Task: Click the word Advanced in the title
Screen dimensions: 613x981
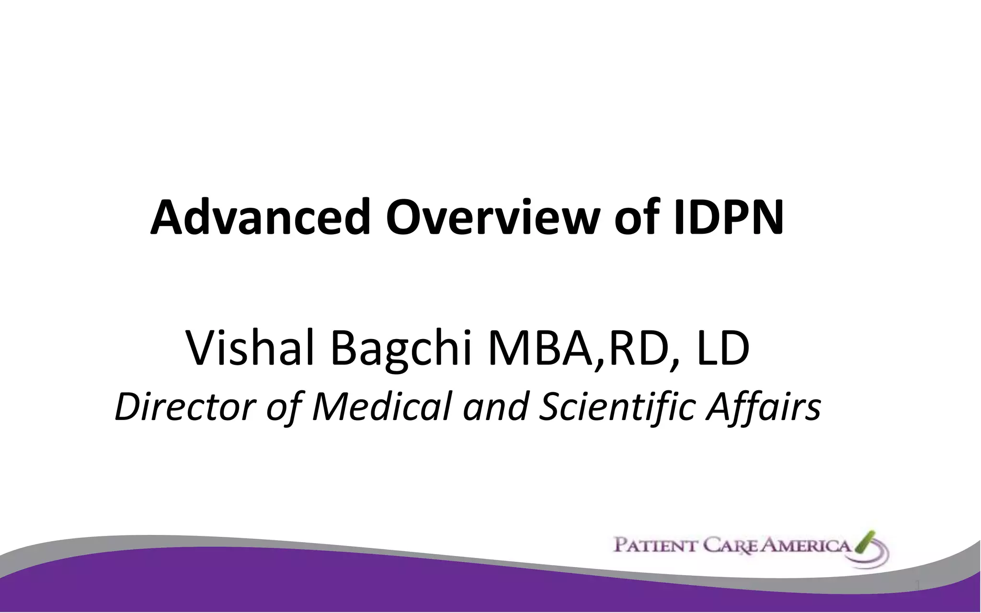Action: pos(261,217)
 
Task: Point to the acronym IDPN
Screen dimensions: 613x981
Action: pos(728,217)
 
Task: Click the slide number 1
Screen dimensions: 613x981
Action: pos(917,585)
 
